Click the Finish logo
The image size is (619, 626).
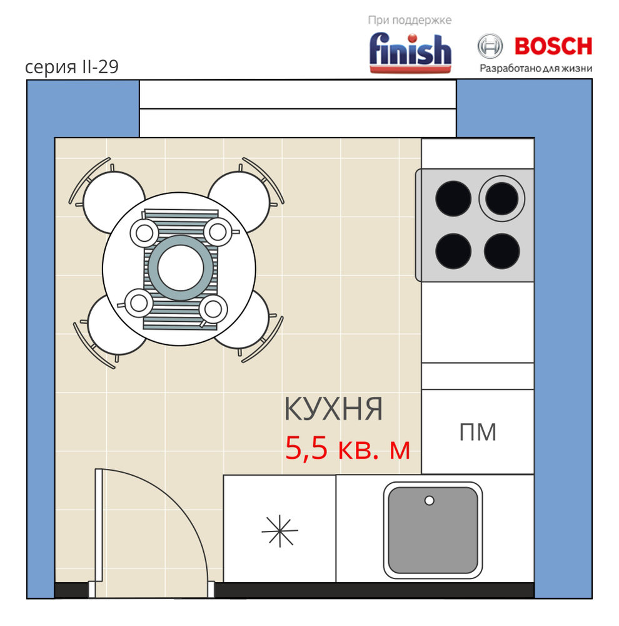410,53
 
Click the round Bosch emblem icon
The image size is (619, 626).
490,46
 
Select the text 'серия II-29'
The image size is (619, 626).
72,67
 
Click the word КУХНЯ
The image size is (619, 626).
333,409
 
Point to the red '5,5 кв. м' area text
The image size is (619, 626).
348,448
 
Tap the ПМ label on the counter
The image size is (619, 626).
478,432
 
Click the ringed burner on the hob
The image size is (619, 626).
501,198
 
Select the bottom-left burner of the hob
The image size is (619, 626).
453,251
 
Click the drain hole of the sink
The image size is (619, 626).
429,501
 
